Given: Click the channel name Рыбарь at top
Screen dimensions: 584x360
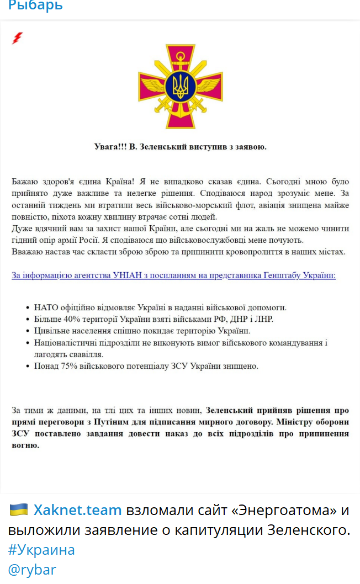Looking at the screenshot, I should pyautogui.click(x=35, y=6).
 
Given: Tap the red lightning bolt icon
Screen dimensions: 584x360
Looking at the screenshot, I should pyautogui.click(x=17, y=38).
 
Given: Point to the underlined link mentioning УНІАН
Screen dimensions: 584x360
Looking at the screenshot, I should pyautogui.click(x=173, y=275).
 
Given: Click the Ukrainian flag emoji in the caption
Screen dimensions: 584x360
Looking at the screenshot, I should pyautogui.click(x=18, y=509).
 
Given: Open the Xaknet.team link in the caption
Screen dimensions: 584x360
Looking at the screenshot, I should pyautogui.click(x=78, y=510).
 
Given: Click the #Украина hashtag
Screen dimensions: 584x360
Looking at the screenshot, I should pyautogui.click(x=41, y=550).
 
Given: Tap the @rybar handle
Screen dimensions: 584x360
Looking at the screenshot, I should pyautogui.click(x=32, y=570).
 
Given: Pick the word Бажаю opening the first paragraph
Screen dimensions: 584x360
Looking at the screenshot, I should pyautogui.click(x=25, y=182).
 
